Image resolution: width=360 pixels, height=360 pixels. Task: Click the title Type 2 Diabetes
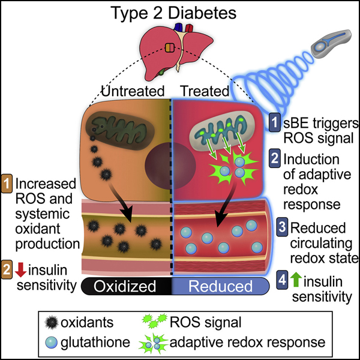(179, 13)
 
